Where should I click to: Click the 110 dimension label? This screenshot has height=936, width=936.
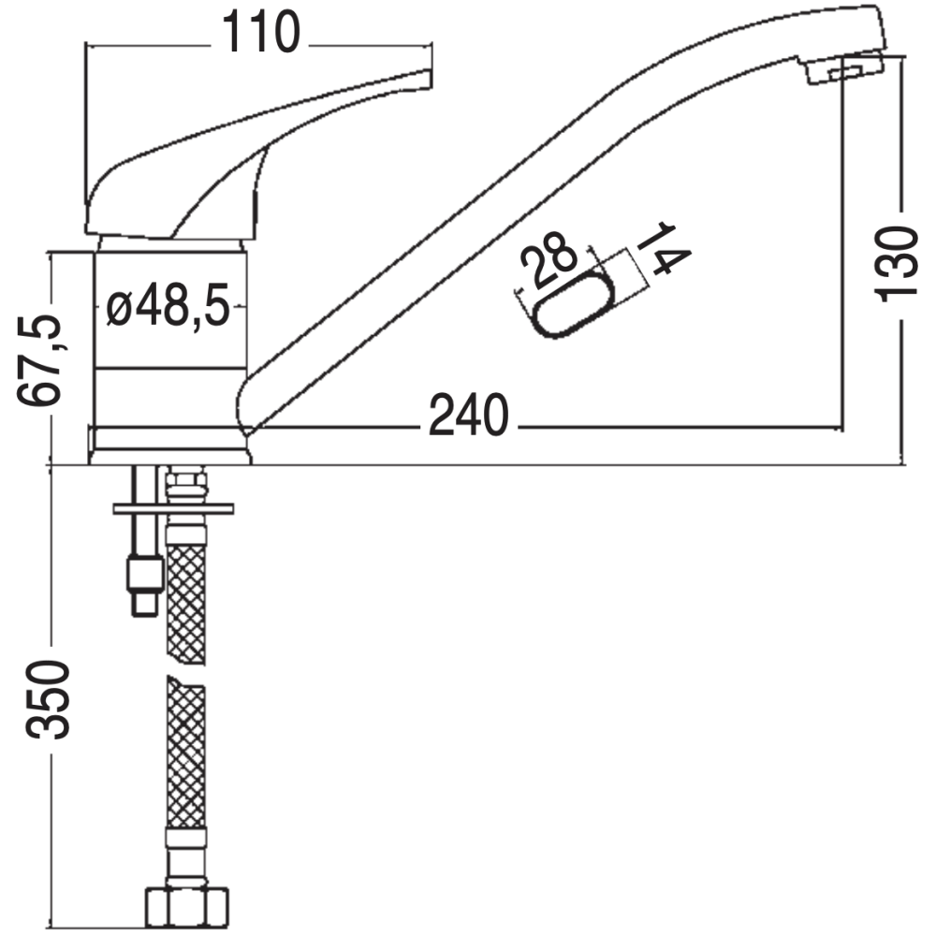[261, 33]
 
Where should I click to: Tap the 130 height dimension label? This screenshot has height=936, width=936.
[896, 263]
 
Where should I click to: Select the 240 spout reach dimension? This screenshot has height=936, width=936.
[469, 415]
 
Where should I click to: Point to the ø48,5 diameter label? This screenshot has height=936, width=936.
[168, 305]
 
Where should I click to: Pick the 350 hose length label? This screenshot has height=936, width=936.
[48, 699]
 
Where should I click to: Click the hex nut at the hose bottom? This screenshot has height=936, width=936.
[187, 907]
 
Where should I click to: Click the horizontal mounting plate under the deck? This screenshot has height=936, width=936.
[173, 508]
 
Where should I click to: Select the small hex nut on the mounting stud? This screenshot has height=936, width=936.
[145, 573]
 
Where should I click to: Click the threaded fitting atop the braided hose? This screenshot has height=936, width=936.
[186, 485]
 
